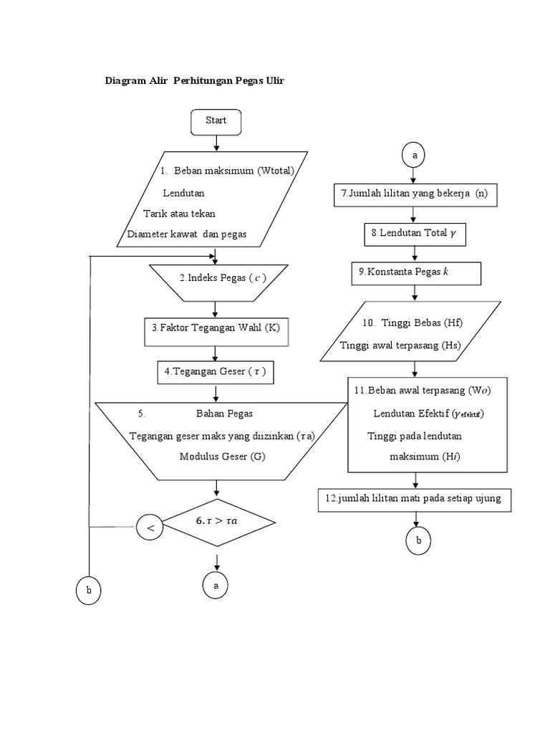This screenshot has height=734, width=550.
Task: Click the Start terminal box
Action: [216, 121]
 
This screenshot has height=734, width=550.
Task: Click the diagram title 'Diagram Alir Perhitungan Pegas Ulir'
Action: [195, 81]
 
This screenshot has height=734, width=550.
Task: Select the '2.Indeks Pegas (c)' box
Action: [218, 279]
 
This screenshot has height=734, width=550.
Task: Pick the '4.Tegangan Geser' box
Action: [216, 371]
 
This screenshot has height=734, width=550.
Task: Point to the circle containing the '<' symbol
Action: [150, 528]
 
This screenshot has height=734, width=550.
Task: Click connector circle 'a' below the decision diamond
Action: [215, 586]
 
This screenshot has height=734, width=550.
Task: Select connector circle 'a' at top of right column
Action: [414, 154]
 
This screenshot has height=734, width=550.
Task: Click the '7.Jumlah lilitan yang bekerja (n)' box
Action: [415, 194]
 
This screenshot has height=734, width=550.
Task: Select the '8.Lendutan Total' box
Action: [413, 234]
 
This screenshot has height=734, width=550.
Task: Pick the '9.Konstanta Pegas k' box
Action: [415, 273]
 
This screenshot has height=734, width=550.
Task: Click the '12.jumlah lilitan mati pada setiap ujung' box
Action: [415, 500]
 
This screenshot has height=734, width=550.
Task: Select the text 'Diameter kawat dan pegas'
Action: [187, 234]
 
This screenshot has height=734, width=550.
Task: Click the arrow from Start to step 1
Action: [216, 143]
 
